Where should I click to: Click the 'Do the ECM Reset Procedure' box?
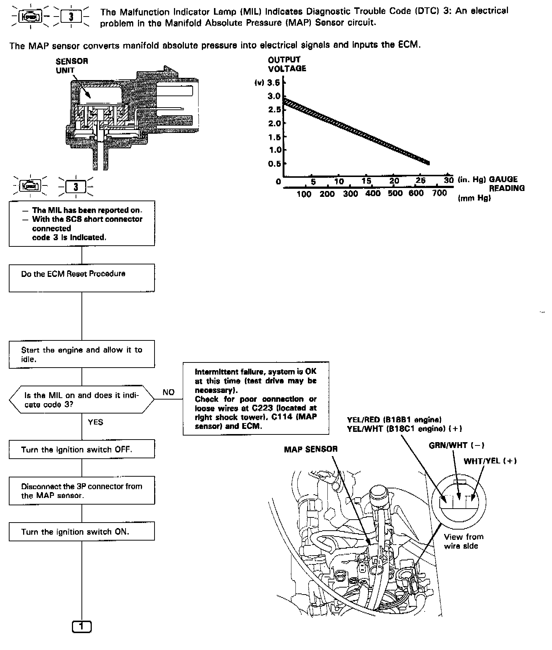81,278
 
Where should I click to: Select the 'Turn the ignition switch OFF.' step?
81,449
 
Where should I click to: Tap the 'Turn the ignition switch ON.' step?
81,531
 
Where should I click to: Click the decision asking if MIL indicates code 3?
81,400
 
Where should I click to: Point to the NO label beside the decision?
168,392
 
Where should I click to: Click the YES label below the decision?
95,422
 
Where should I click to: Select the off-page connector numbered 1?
81,626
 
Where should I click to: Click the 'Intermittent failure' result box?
256,398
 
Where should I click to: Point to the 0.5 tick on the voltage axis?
274,164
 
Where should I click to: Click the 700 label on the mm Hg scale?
439,193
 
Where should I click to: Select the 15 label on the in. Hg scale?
366,181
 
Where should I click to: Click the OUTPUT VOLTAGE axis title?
287,64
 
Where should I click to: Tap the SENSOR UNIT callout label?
72,65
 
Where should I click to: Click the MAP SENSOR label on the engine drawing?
310,449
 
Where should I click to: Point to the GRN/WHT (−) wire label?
456,445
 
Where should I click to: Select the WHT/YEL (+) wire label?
490,461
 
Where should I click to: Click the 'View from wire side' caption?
464,541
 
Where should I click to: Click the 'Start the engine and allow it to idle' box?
81,354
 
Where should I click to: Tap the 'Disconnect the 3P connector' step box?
81,491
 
